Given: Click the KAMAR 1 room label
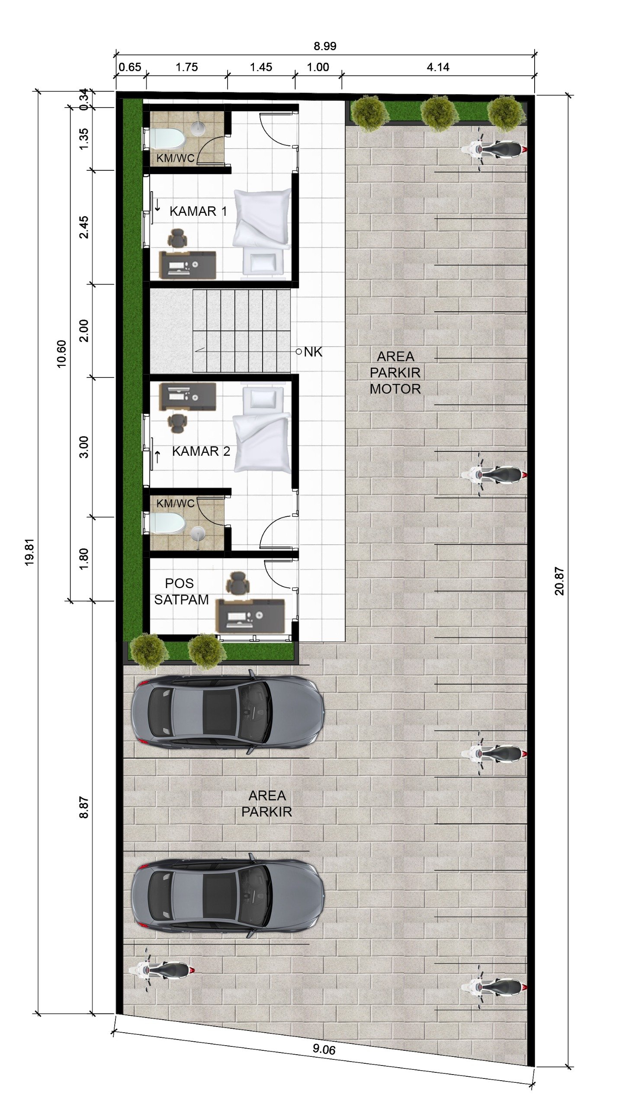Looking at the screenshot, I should coord(198,211).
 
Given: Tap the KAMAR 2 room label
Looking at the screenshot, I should coord(201,451).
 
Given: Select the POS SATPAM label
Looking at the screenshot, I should coord(181,592).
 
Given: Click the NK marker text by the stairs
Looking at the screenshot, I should coord(313,352).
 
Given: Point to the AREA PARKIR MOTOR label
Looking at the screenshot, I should coord(395,373).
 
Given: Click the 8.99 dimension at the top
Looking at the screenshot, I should coord(325,46).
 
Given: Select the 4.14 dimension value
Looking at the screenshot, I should coord(438,67).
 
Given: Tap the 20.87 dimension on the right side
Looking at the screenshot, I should coord(559,582).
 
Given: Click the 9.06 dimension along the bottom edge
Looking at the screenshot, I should coord(324,1049).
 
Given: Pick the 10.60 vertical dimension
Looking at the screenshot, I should coord(61,354).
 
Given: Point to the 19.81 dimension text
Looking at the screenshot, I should coord(29,552).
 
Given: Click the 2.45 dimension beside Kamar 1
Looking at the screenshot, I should coord(83,227).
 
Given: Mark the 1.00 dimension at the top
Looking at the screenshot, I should coord(318,67).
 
